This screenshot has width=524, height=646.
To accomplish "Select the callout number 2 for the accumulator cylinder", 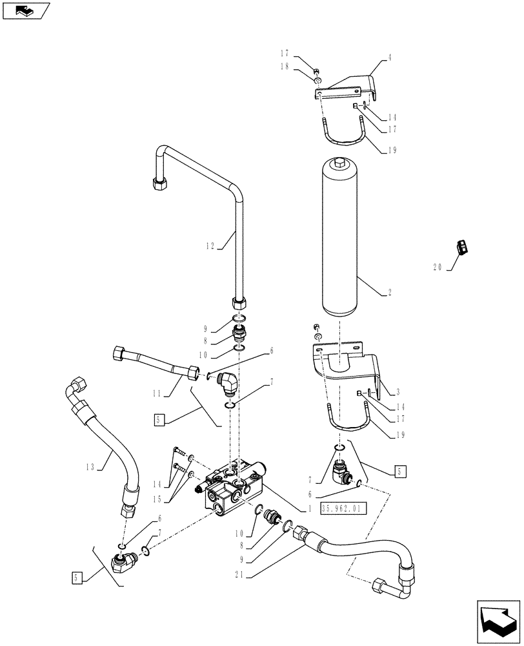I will (x=390, y=293).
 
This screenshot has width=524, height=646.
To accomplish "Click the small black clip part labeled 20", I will (x=463, y=246).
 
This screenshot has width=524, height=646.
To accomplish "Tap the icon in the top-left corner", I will (x=26, y=10).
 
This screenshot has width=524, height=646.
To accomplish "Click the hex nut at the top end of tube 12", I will (x=158, y=183).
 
